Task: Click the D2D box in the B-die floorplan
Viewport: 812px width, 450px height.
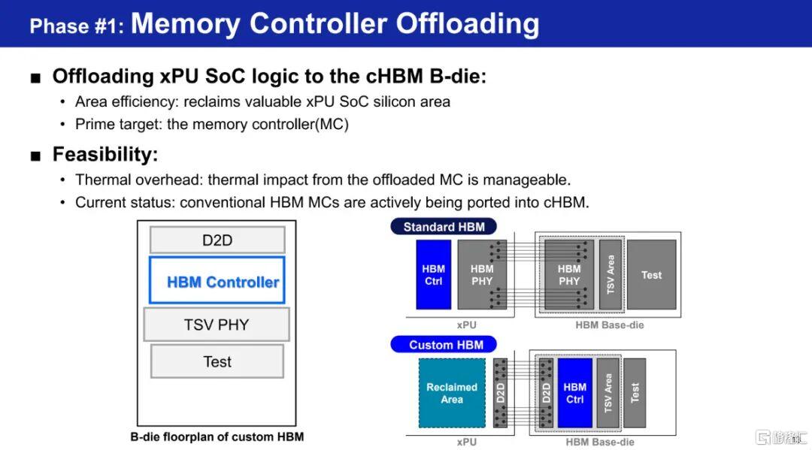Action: (217, 240)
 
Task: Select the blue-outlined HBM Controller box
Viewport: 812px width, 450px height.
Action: (217, 279)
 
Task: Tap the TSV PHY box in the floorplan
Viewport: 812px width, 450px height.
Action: (217, 325)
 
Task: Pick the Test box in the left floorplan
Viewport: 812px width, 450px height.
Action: (217, 361)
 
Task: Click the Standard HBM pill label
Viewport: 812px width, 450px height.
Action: (444, 227)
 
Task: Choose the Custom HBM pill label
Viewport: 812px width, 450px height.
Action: (444, 345)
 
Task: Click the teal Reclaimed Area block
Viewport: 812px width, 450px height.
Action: (452, 393)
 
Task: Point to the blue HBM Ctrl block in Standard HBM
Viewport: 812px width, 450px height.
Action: (434, 275)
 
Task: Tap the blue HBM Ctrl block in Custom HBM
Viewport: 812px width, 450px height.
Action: (575, 393)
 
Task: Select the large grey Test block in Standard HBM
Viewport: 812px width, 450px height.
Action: (651, 275)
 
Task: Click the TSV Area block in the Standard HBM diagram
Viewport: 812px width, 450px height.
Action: (611, 275)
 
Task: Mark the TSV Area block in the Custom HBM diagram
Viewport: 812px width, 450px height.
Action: (608, 393)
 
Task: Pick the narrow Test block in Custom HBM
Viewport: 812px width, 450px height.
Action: (635, 393)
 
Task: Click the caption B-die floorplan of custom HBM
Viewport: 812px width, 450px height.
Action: (217, 437)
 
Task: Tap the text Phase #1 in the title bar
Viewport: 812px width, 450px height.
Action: (77, 26)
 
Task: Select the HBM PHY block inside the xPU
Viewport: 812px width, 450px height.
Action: (482, 275)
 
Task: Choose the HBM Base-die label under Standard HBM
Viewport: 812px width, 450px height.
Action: (610, 325)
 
